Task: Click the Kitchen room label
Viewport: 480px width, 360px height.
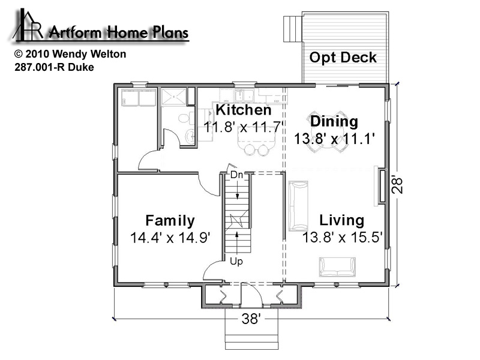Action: click(244, 110)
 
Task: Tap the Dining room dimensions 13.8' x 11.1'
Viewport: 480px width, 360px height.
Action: click(335, 139)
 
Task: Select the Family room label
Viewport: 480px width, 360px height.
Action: click(170, 221)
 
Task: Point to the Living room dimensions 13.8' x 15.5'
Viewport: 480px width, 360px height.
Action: click(343, 237)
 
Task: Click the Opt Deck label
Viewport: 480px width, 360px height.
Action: click(343, 58)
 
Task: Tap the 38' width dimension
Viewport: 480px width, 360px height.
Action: click(251, 319)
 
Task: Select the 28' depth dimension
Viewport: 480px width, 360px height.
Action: click(397, 185)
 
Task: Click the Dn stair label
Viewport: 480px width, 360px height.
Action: click(236, 175)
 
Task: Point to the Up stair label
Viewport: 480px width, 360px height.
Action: click(236, 261)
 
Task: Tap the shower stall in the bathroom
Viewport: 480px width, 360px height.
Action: click(173, 97)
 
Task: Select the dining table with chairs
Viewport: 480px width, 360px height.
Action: click(328, 131)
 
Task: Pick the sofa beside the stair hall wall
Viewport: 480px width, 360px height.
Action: click(298, 206)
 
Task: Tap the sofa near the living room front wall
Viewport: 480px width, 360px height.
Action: click(337, 267)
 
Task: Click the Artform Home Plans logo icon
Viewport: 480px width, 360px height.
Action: click(28, 25)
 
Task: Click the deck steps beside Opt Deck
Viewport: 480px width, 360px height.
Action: click(293, 29)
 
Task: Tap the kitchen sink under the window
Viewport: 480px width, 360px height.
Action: click(245, 95)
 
